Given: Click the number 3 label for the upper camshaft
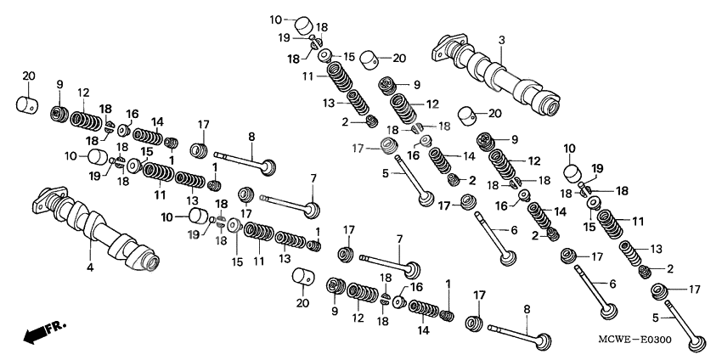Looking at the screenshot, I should [x=501, y=41].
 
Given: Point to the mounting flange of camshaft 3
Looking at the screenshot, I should [x=448, y=46].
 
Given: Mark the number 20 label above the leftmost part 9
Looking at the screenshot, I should [x=28, y=76].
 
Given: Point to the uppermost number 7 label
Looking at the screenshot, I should [x=313, y=178].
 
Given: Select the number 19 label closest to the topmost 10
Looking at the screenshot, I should [x=286, y=38].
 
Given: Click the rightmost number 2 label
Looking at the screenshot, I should [x=670, y=268].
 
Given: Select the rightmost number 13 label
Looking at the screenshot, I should [x=656, y=249].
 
